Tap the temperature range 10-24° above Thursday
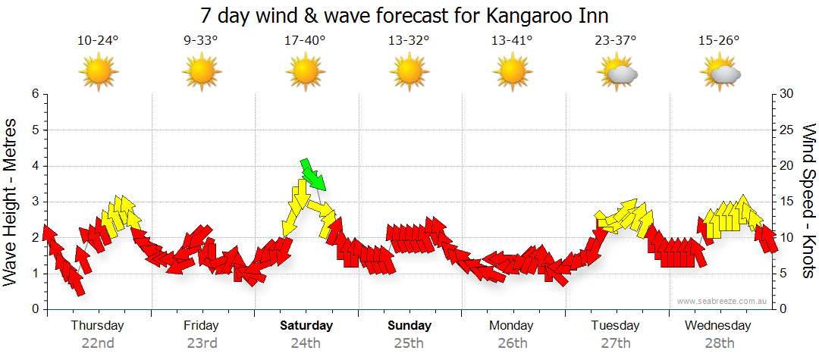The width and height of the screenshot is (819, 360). pyautogui.click(x=99, y=41)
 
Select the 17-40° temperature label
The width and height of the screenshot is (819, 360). pyautogui.click(x=305, y=41)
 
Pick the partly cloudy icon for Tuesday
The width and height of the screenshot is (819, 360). pyautogui.click(x=618, y=73)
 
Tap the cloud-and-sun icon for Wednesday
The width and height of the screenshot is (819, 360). pyautogui.click(x=720, y=73)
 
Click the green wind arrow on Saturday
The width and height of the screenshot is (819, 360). pyautogui.click(x=313, y=175)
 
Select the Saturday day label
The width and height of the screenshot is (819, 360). pyautogui.click(x=306, y=326)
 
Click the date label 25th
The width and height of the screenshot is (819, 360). pyautogui.click(x=409, y=343)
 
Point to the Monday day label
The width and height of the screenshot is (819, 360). pyautogui.click(x=511, y=326)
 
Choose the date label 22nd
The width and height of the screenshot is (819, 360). pyautogui.click(x=98, y=343)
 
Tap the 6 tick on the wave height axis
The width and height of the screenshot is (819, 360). pyautogui.click(x=35, y=94)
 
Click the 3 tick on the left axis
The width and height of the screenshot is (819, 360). pyautogui.click(x=35, y=202)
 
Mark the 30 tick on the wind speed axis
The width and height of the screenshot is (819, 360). pyautogui.click(x=787, y=94)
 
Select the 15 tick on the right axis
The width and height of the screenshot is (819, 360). pyautogui.click(x=787, y=202)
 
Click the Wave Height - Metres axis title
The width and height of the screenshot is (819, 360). pyautogui.click(x=11, y=202)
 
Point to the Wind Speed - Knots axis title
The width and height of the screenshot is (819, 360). pyautogui.click(x=808, y=202)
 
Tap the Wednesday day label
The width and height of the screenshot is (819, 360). pyautogui.click(x=717, y=326)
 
